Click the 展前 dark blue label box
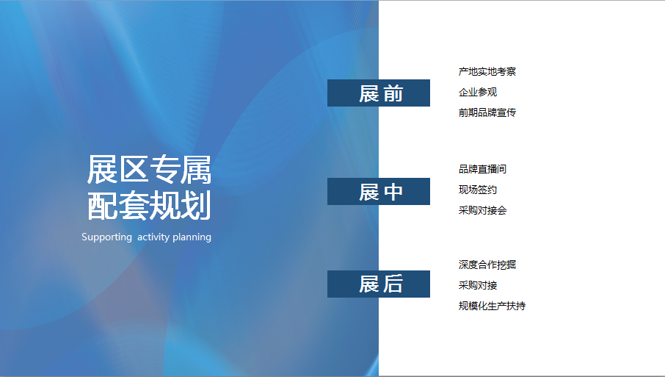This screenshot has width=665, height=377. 378,93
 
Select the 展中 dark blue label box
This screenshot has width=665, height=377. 378,192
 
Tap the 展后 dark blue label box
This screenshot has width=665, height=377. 378,284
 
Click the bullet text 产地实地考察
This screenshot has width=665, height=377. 487,71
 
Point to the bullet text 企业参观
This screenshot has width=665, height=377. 478,92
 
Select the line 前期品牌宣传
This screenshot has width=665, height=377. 487,112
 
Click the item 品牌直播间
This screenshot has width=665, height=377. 482,169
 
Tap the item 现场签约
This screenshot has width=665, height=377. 478,190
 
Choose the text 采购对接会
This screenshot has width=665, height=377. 482,210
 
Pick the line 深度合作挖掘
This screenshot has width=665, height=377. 487,265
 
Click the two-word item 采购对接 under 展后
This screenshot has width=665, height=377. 478,285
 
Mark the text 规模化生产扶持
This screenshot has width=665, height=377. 492,306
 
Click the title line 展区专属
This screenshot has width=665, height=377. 149,170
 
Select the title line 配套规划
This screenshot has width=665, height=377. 149,206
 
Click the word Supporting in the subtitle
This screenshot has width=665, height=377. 107,237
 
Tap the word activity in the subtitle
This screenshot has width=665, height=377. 153,237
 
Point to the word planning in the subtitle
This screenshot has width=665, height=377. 192,237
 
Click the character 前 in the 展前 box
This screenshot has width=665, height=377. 393,93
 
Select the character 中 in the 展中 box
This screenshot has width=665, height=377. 393,192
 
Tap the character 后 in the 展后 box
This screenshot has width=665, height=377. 393,284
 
